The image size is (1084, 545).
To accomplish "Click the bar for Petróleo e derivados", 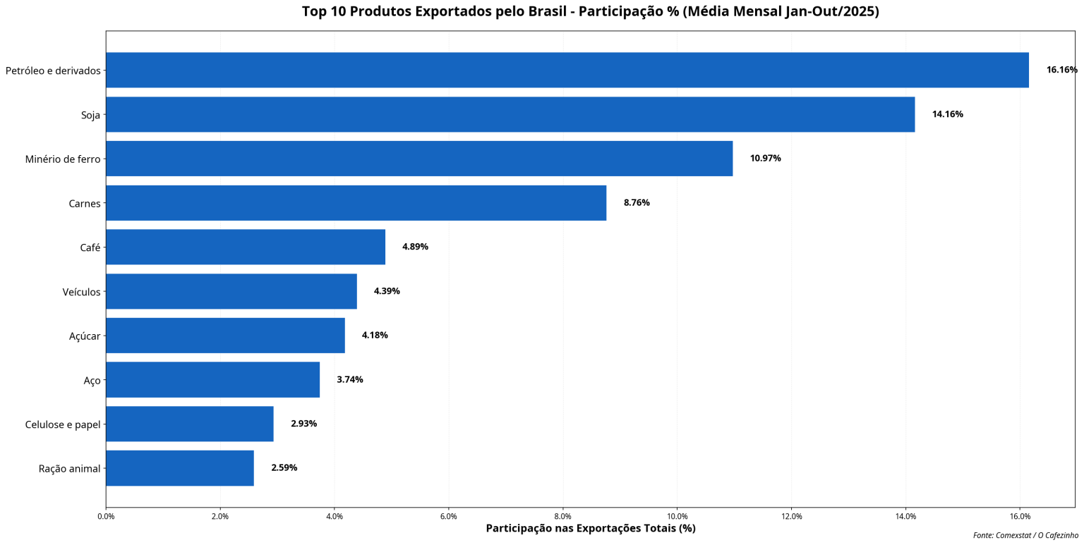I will pos(567,70).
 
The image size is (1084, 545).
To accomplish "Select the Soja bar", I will pos(510,114).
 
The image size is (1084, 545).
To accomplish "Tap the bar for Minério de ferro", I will pos(418,159).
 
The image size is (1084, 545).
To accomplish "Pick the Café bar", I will pos(245,247).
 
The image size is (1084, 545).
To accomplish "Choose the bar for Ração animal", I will pos(179,468).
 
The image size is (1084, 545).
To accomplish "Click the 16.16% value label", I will pos(1061,70).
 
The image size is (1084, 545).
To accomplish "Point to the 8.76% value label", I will pos(636,203).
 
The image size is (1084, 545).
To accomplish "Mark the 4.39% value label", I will pos(386,291).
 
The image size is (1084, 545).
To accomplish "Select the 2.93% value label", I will pos(303,424).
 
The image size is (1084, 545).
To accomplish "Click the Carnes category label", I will pos(85,204).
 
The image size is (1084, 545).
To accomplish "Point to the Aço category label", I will pos(92,381).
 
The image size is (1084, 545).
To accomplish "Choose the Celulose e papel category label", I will pos(63,424).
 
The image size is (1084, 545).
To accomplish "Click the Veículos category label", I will pos(81,292).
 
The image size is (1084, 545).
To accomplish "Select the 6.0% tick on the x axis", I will pos(448,517).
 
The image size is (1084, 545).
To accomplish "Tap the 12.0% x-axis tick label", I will pos(791,517).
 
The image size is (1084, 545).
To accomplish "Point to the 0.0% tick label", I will pos(106,517).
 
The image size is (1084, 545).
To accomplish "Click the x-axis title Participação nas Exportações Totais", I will pos(590,529).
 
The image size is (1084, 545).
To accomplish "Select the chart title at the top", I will pos(590,11).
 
